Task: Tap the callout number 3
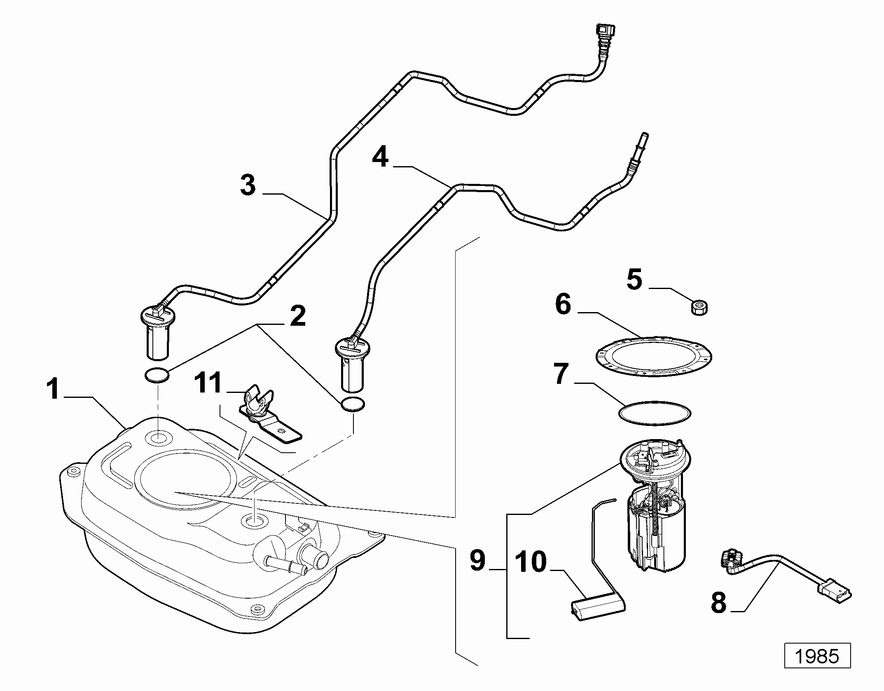(248, 185)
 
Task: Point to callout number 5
(634, 279)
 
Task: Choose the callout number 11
(208, 383)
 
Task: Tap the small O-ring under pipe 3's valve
(157, 376)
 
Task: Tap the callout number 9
(478, 561)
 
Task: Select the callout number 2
(298, 316)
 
